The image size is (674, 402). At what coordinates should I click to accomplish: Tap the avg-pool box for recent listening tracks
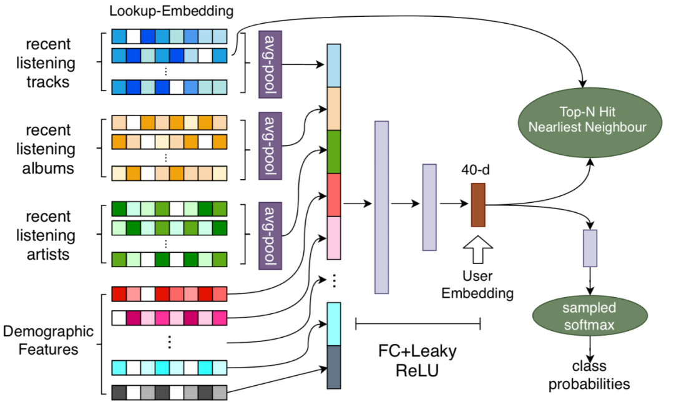(270, 64)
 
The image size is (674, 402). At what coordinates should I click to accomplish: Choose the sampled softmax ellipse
(589, 316)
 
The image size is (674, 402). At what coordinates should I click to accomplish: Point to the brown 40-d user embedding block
(478, 205)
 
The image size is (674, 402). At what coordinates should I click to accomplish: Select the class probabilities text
(589, 375)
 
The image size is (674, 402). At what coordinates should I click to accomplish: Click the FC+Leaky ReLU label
(418, 361)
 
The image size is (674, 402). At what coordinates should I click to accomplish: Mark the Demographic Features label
(47, 340)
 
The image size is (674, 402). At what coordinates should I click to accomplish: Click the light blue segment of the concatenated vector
(334, 66)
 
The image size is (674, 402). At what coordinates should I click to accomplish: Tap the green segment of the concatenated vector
(334, 152)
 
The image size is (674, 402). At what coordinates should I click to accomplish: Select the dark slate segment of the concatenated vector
(334, 366)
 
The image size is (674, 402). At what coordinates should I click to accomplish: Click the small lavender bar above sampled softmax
(590, 248)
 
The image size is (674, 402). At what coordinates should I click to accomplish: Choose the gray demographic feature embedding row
(169, 393)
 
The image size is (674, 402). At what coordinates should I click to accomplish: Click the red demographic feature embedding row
(169, 293)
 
